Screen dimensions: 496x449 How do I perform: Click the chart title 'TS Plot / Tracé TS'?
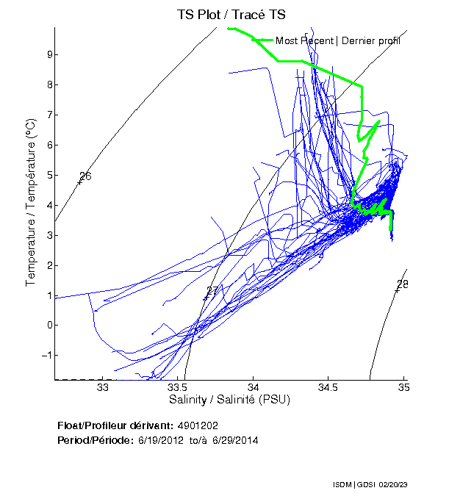tap(231, 14)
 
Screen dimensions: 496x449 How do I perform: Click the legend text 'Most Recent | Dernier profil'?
tap(338, 40)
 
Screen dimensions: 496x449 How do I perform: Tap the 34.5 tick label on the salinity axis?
tap(328, 388)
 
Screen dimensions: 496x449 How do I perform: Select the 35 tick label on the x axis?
tap(403, 388)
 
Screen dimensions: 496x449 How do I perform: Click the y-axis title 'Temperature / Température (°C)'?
tap(31, 203)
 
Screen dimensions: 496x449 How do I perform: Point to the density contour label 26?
tap(85, 176)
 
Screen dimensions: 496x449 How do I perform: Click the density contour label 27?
tap(212, 292)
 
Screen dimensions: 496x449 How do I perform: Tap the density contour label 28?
tap(403, 284)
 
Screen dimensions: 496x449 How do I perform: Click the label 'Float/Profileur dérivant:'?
tap(115, 425)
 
